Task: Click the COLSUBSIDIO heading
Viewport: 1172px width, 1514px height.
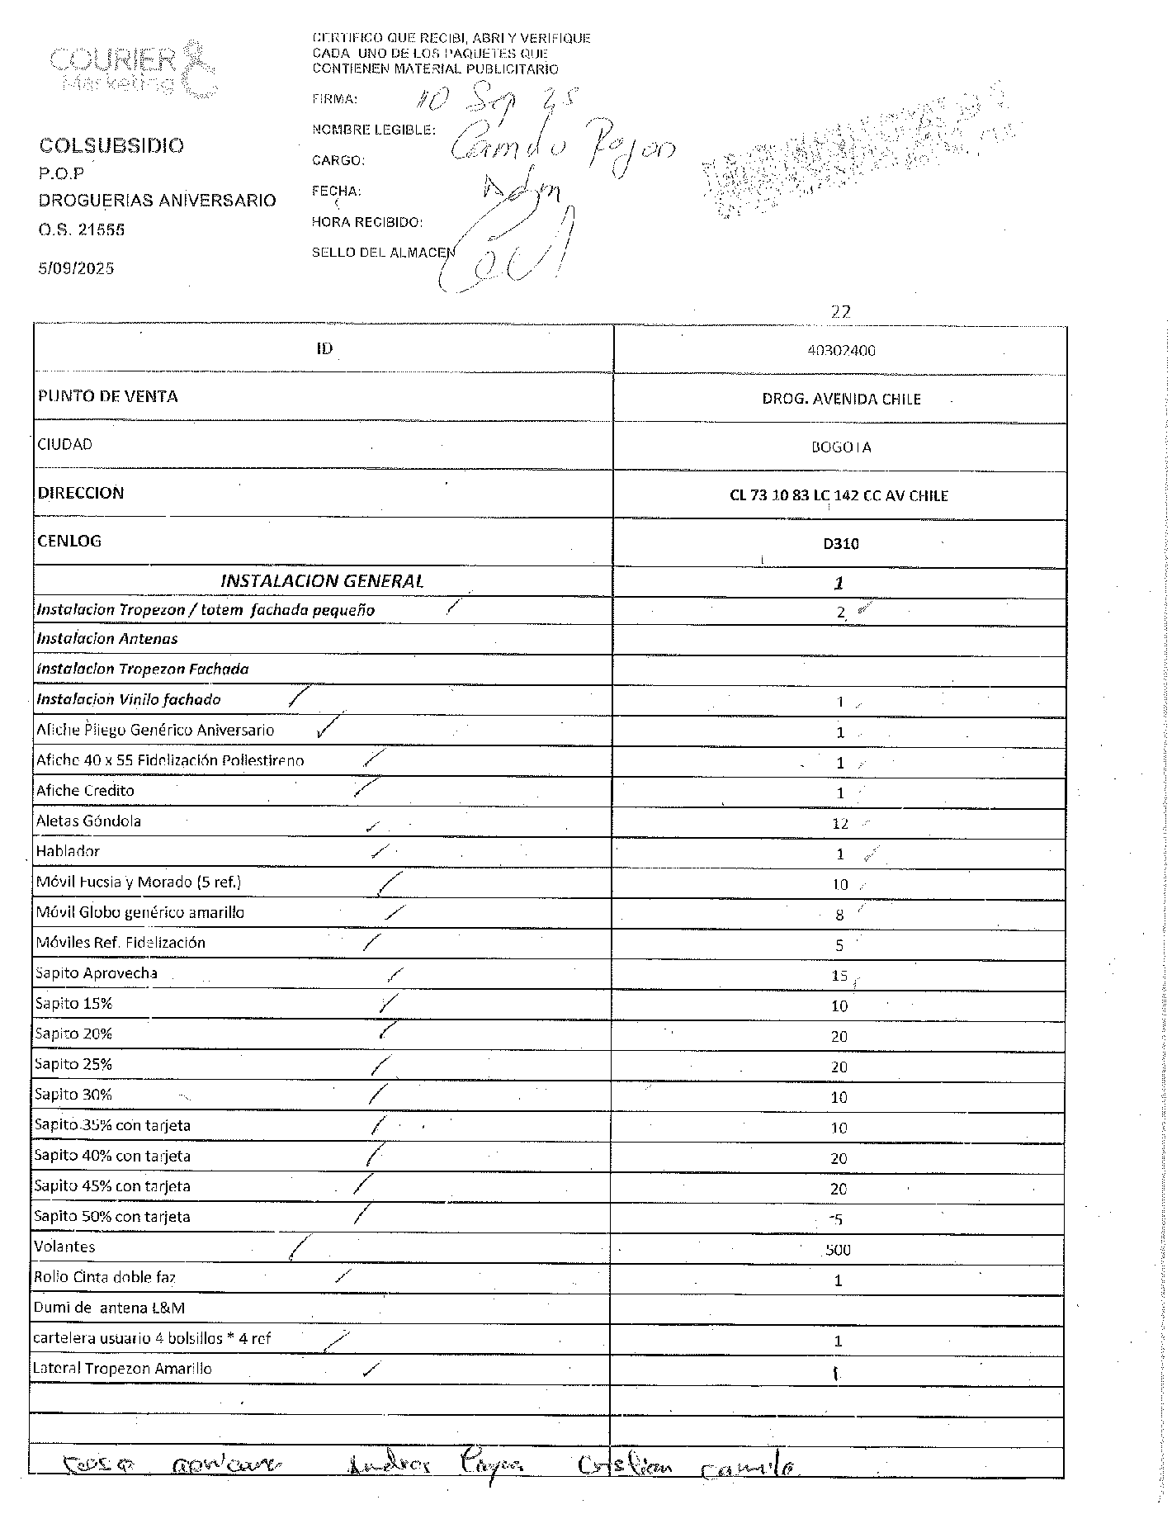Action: [111, 145]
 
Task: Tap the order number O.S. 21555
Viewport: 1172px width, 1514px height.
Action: [81, 229]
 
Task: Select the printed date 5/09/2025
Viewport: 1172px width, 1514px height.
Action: [76, 268]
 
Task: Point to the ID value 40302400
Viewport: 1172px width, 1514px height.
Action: [841, 350]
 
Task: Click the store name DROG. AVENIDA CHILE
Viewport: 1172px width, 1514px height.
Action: [841, 399]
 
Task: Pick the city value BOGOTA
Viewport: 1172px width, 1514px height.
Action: [841, 447]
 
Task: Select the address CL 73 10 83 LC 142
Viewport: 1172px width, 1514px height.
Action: [839, 495]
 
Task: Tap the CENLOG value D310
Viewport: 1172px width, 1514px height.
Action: [840, 543]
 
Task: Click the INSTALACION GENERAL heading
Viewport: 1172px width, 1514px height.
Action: [322, 581]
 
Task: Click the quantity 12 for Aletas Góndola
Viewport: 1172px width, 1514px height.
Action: [840, 823]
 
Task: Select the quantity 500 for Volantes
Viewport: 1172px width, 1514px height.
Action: [838, 1250]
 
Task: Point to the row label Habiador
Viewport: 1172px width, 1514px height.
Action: [68, 851]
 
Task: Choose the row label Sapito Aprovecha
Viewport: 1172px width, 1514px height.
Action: [96, 973]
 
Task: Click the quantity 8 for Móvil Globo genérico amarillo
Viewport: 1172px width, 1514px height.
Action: [839, 915]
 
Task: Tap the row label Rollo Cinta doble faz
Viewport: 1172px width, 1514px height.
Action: [105, 1277]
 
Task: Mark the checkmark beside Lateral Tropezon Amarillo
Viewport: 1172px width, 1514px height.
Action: [371, 1370]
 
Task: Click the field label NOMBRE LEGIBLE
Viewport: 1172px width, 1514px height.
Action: [373, 130]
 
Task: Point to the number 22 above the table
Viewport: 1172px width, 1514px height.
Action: [840, 311]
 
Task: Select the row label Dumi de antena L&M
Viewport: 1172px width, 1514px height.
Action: [109, 1308]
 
